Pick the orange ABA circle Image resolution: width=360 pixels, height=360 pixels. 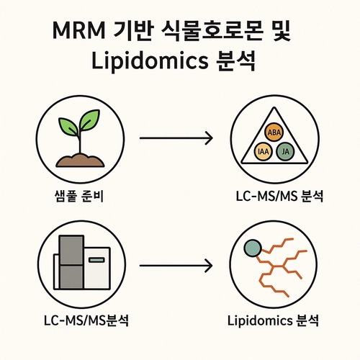pos(274,132)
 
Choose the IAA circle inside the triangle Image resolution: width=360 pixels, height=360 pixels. pos(264,151)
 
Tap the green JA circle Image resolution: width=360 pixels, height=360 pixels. pos(286,151)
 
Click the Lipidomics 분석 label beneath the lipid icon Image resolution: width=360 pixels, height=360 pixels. pos(275,318)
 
